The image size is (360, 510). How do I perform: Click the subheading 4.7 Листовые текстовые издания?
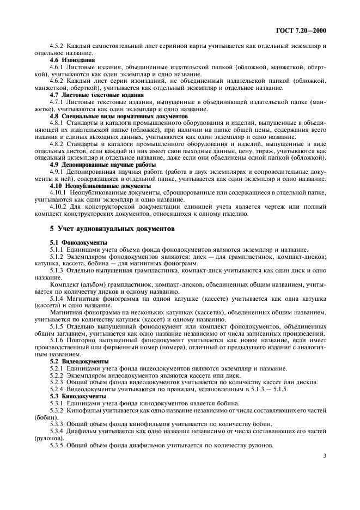pos(89,94)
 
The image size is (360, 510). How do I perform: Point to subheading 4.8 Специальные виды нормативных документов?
pos(108,116)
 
